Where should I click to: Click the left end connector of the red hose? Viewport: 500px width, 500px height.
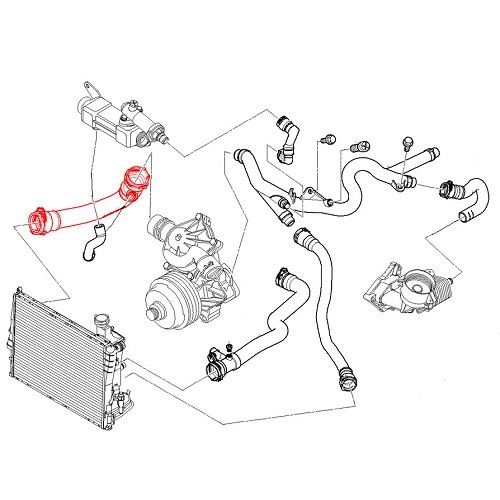pos(41,222)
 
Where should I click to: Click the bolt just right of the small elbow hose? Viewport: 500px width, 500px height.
pos(328,138)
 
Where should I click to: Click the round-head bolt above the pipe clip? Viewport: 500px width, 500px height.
pos(407,140)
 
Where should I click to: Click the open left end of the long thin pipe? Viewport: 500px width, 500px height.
pos(240,156)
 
